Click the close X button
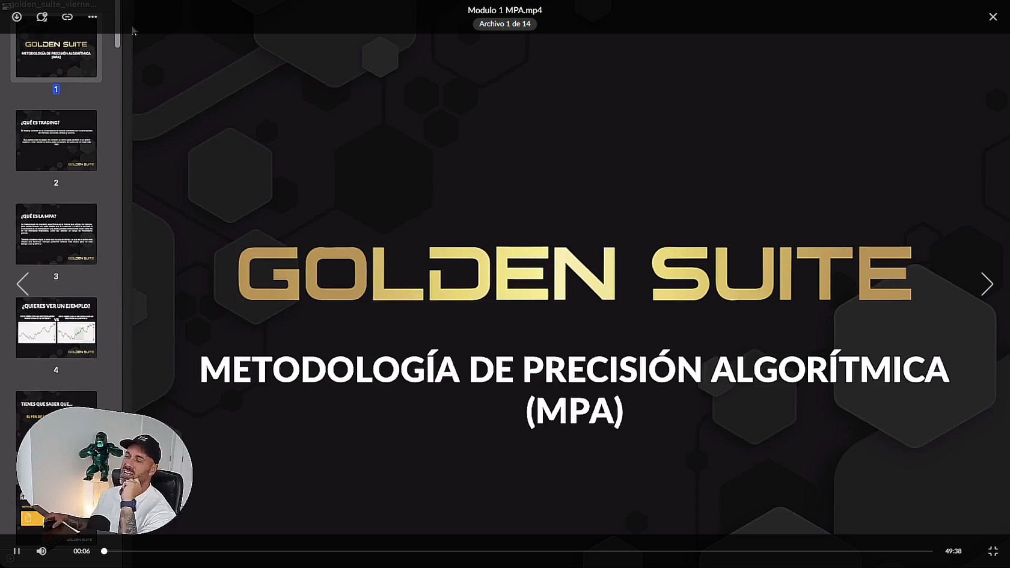(993, 17)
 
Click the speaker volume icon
(41, 551)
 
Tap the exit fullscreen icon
(993, 551)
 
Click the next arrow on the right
(987, 284)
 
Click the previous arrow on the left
(23, 284)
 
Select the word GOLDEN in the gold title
(427, 273)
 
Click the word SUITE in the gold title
(782, 273)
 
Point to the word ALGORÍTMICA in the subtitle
(830, 369)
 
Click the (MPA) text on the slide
(574, 411)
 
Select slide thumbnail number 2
(56, 140)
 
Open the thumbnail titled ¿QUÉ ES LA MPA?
(56, 234)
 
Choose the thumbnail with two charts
(56, 328)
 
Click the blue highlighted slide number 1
(56, 89)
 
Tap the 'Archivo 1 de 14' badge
(504, 24)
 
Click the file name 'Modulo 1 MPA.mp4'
(504, 10)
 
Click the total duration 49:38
(953, 551)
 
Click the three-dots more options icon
(92, 17)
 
